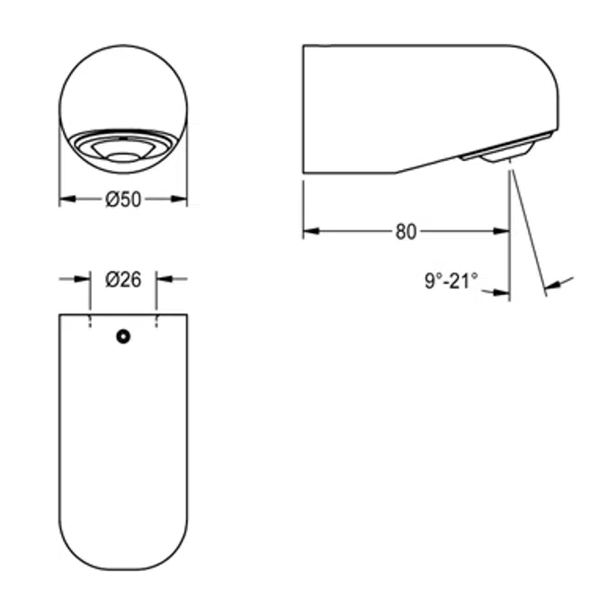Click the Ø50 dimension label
(123, 201)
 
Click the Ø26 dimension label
(123, 280)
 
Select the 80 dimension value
(406, 232)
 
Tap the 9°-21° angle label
(451, 282)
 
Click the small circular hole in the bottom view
(123, 336)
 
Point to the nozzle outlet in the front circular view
(123, 156)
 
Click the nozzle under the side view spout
(504, 156)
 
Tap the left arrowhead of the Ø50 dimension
(66, 201)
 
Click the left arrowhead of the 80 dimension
(309, 232)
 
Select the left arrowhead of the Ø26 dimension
(85, 280)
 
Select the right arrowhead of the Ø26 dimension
(163, 280)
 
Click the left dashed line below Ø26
(91, 321)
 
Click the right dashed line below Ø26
(156, 321)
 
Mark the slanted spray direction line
(528, 229)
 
